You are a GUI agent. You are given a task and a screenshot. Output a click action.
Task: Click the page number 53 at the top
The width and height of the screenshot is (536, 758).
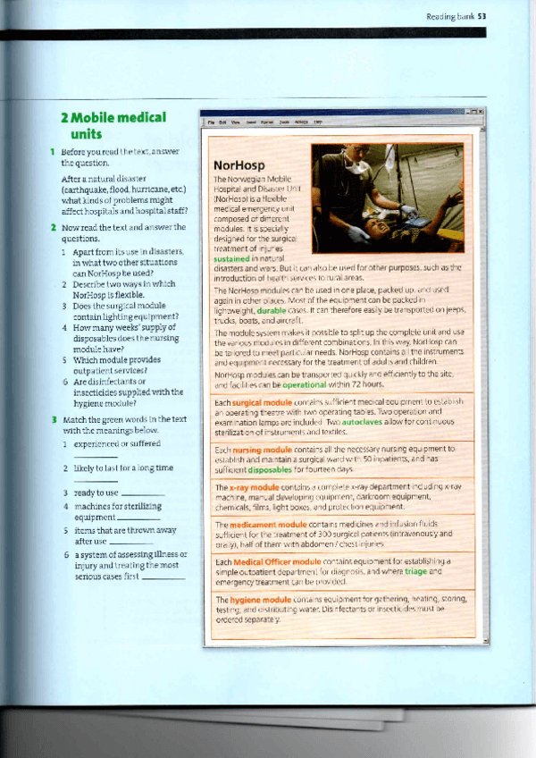click(481, 15)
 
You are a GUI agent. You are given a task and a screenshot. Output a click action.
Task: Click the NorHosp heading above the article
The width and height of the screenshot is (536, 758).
click(237, 165)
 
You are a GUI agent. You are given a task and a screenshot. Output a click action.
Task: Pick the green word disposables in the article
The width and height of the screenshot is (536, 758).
click(272, 468)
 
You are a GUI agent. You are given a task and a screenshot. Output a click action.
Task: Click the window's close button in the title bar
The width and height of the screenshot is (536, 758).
click(481, 111)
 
